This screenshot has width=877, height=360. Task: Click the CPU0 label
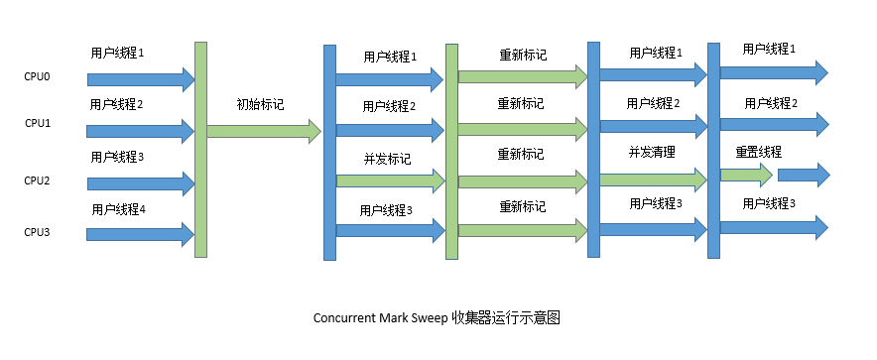pos(37,75)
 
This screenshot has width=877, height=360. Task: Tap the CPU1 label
pos(38,124)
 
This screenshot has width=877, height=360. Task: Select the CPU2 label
pos(38,180)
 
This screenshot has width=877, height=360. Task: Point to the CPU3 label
pos(38,232)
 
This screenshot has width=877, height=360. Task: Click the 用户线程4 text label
pos(118,209)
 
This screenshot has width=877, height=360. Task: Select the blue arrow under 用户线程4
pos(139,234)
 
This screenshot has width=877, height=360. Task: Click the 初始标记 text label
pos(260,104)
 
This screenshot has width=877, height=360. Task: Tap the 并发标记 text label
pos(387,159)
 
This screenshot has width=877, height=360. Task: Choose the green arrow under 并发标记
pos(389,180)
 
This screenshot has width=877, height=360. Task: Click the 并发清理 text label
pos(652,153)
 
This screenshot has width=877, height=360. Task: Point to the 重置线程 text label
pos(758,153)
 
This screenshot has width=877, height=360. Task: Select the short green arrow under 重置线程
pos(745,176)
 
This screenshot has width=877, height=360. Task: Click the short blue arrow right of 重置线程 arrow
pos(803,176)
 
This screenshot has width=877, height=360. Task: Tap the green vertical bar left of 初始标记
pos(200,149)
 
